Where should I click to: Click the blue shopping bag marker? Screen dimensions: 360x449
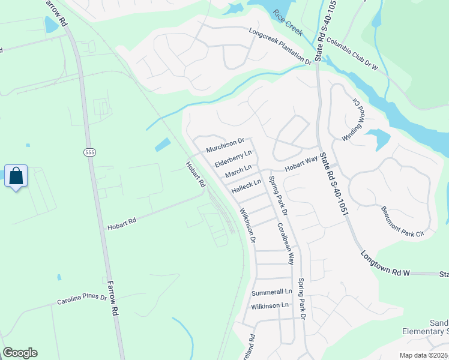tap(16, 176)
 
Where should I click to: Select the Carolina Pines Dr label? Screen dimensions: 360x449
tap(82, 298)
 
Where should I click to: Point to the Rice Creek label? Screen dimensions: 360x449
tap(287, 23)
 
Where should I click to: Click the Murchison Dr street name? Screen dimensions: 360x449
tap(225, 145)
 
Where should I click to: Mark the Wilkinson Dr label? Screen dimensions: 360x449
tap(248, 226)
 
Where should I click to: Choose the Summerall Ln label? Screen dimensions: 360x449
tap(271, 292)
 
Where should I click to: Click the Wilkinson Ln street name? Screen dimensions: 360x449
tap(270, 305)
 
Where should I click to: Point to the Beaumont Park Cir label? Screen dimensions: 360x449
tap(403, 221)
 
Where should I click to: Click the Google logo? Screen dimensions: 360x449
tap(20, 353)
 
